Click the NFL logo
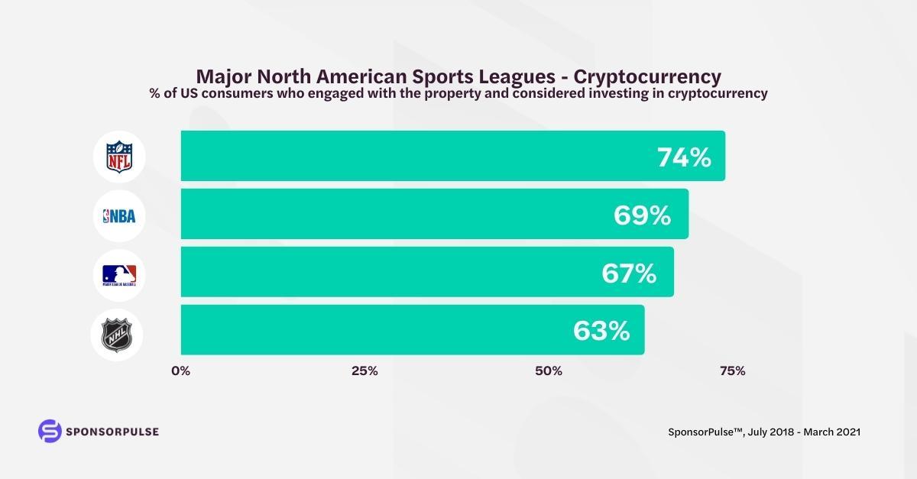click(x=118, y=157)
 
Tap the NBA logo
click(x=118, y=215)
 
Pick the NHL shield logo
click(x=118, y=333)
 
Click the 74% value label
click(x=684, y=157)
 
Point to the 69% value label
click(x=642, y=215)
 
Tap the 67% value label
click(x=628, y=273)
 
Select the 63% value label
click(x=601, y=331)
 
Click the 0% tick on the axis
click(x=180, y=371)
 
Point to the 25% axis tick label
click(x=365, y=371)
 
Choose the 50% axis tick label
click(x=549, y=371)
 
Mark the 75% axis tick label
click(x=732, y=371)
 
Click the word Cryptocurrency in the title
click(x=647, y=76)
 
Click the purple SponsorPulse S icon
click(x=50, y=431)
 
